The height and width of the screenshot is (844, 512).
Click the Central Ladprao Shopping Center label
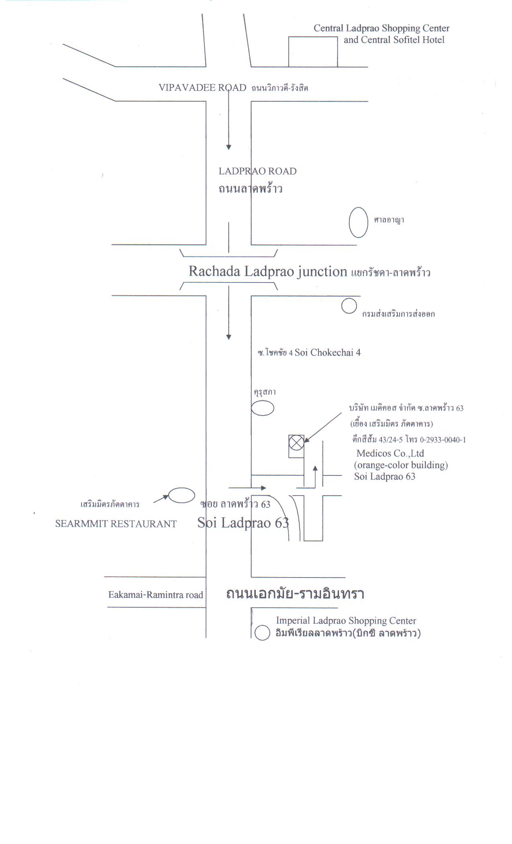[381, 28]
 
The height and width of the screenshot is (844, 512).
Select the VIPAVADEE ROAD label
[202, 88]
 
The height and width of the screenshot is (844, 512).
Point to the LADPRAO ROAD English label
[257, 171]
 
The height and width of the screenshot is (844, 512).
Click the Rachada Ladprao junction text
[268, 272]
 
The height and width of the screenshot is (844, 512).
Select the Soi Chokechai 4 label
[328, 353]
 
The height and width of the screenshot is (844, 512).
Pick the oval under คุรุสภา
[252, 408]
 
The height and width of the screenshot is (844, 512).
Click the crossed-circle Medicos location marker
[296, 443]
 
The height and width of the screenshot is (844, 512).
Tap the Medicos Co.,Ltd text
[390, 453]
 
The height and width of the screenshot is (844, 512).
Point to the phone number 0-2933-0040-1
[443, 440]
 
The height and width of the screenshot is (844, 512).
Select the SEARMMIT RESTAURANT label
[116, 524]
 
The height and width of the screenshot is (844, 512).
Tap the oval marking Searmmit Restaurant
[169, 496]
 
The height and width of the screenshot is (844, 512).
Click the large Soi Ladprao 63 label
[243, 522]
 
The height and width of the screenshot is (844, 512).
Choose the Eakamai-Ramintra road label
[155, 595]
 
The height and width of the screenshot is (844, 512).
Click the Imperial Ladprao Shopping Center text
[346, 621]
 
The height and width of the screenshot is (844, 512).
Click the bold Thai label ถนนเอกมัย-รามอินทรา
[295, 594]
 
